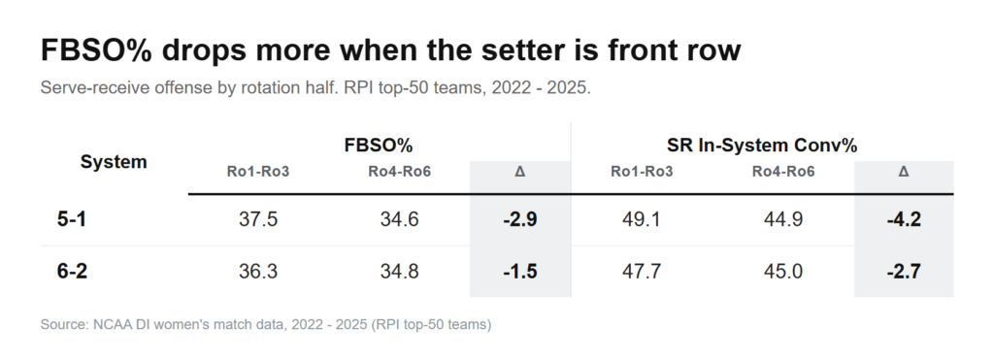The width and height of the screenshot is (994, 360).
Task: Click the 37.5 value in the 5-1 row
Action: (258, 219)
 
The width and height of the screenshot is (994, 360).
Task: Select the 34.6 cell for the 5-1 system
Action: (399, 219)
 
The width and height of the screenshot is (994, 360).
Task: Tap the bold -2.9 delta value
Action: (520, 219)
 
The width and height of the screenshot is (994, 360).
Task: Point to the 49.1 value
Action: (642, 219)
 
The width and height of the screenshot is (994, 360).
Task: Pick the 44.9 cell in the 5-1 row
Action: (783, 219)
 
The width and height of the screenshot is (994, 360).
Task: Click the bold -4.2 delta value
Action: (904, 219)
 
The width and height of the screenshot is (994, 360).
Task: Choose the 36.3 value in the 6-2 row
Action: (258, 272)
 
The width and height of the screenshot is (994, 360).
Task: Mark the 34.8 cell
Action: (399, 272)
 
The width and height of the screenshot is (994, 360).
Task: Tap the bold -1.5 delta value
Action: (520, 272)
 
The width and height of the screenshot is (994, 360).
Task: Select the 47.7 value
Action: (642, 272)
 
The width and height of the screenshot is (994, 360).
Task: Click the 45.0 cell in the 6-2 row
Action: (783, 272)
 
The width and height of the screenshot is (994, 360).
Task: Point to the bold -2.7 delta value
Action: (904, 272)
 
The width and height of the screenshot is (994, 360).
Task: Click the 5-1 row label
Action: (72, 219)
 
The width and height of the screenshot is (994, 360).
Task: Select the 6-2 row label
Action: (72, 272)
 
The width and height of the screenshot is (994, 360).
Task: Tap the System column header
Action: (114, 162)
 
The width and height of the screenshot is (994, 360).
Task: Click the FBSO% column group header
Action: (379, 146)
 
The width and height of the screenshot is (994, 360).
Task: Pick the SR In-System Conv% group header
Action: (762, 146)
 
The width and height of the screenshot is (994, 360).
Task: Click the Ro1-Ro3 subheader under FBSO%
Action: (258, 171)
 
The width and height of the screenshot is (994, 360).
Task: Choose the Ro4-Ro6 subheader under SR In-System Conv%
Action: (783, 171)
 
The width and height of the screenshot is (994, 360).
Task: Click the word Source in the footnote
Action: (64, 324)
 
